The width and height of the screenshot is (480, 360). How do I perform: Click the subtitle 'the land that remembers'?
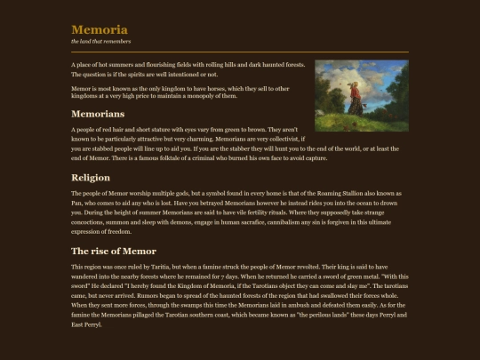point(101,42)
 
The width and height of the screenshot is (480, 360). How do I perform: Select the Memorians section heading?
point(98,115)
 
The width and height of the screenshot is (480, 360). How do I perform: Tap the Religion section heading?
point(91,178)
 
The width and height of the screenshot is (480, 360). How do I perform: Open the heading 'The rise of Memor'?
point(114,252)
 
